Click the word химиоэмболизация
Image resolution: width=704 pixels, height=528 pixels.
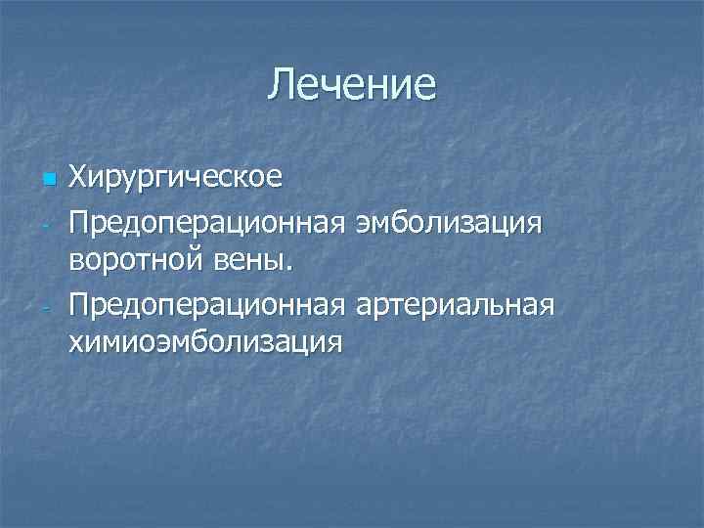tap(205, 343)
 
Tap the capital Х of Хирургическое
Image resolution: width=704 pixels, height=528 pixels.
tap(78, 178)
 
